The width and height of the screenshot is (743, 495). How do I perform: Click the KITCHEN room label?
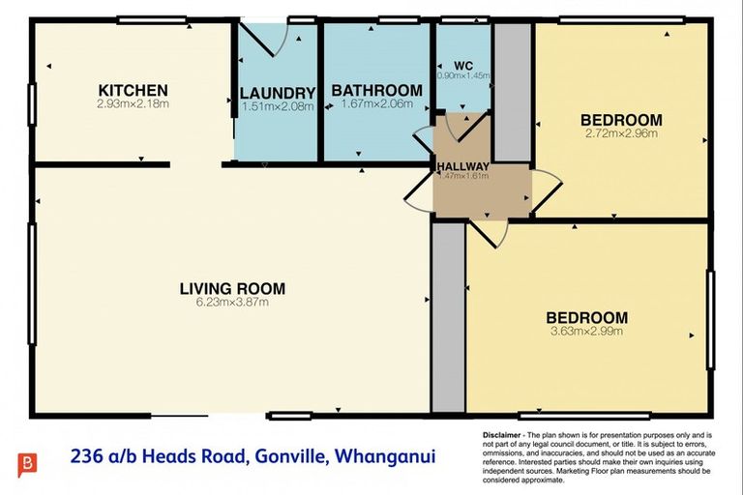tap(133, 90)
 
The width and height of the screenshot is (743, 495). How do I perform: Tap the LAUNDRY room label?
tap(278, 93)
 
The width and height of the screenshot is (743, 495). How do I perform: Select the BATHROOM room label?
tap(376, 90)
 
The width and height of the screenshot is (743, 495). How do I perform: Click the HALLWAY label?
tap(463, 165)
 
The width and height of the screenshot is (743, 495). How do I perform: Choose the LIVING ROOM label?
tap(232, 287)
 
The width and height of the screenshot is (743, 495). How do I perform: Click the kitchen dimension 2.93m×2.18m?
tap(133, 103)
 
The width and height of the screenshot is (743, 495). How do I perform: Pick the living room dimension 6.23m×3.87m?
tap(232, 302)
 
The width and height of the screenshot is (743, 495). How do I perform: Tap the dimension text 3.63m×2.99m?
tap(586, 331)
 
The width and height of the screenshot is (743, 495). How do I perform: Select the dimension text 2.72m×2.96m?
tap(621, 134)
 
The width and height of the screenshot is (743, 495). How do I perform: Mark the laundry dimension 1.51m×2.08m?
tap(278, 106)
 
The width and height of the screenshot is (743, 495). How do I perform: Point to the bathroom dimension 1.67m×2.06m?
tap(376, 102)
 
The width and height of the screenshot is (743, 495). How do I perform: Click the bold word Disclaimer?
tap(502, 437)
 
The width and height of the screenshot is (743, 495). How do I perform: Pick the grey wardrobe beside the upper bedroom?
tap(512, 92)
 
